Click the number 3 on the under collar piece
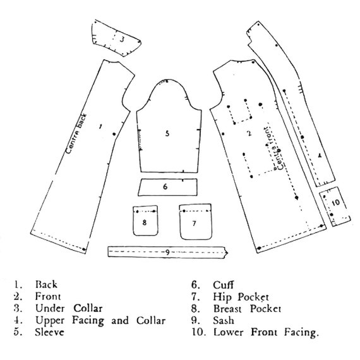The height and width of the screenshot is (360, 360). click(x=122, y=39)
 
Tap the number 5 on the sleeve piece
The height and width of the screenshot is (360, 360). click(x=167, y=133)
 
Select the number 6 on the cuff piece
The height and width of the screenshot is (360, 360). click(x=165, y=187)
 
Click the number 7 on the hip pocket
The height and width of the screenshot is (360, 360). click(x=195, y=223)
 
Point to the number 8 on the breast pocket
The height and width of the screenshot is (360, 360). click(x=145, y=222)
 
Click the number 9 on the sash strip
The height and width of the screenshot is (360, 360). click(x=167, y=253)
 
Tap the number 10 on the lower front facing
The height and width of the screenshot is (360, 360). click(x=335, y=202)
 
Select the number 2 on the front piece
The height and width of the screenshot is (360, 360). click(x=249, y=133)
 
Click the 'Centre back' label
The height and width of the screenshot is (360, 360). click(x=76, y=133)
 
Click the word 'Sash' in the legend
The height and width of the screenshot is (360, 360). click(x=224, y=320)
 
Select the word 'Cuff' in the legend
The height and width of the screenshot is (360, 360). click(x=223, y=285)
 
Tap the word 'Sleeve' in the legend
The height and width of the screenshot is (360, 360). click(x=49, y=332)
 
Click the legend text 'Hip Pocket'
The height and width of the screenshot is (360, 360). click(x=241, y=297)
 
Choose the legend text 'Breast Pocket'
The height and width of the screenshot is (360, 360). click(x=248, y=309)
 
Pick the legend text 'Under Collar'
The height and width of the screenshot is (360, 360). click(x=69, y=308)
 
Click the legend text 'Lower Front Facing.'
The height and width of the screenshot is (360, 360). click(x=267, y=332)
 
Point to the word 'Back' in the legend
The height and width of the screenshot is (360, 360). click(x=46, y=285)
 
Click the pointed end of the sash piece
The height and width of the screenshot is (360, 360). click(x=228, y=253)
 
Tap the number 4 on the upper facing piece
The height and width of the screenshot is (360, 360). click(x=320, y=155)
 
